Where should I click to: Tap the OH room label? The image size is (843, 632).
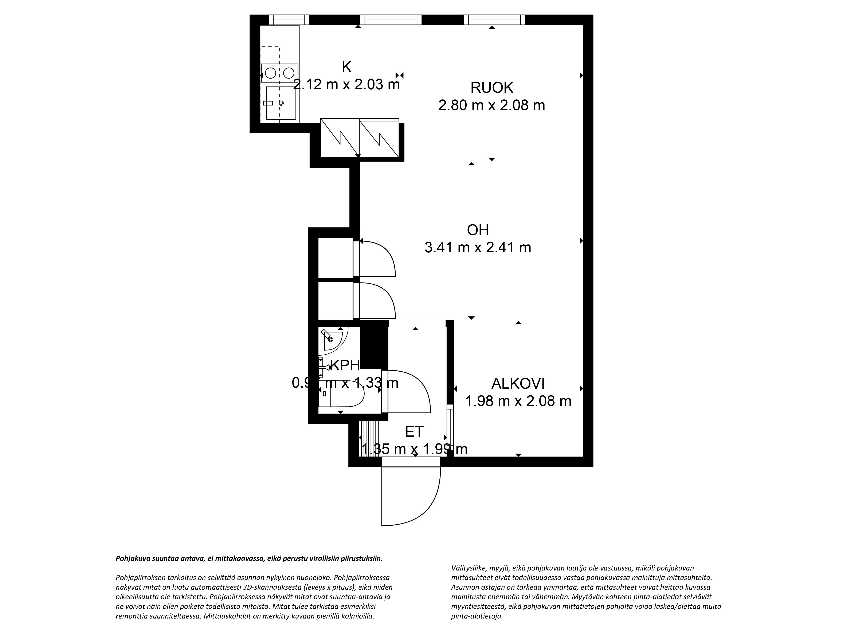click(x=478, y=230)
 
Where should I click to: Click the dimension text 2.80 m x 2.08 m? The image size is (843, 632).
click(x=492, y=105)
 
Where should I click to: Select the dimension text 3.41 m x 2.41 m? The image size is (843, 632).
click(x=478, y=248)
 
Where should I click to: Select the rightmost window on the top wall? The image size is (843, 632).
click(x=494, y=20)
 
